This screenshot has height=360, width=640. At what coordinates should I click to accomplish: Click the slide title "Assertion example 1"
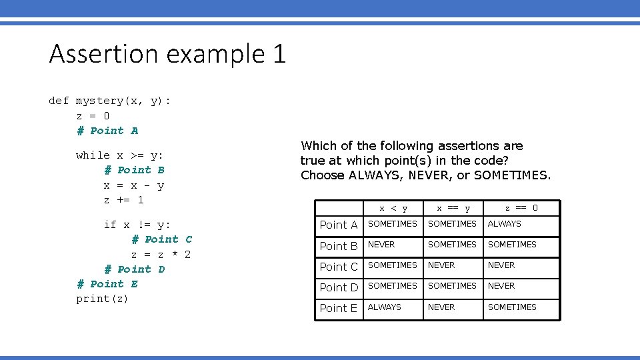(x=167, y=53)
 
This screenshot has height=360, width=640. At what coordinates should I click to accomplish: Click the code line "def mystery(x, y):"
(x=110, y=101)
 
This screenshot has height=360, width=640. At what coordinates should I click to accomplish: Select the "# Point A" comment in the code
(x=107, y=131)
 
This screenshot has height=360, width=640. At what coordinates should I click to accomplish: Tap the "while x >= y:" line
(x=120, y=155)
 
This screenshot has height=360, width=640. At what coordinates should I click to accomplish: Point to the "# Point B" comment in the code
(x=134, y=170)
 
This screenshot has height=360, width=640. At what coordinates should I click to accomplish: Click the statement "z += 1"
(x=123, y=200)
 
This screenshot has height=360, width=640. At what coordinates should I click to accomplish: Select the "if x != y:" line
(x=137, y=225)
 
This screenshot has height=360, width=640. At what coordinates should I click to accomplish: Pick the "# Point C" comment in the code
(x=161, y=239)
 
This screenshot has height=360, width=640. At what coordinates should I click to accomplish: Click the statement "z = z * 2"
(x=161, y=255)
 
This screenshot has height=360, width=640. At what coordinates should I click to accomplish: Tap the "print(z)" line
(x=102, y=299)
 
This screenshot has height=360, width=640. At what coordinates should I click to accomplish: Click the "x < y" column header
(x=393, y=209)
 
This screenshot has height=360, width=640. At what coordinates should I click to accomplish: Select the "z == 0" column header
(x=521, y=208)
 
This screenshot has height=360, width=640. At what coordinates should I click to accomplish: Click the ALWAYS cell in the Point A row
(x=505, y=224)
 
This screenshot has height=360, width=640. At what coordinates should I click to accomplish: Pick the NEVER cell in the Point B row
(x=381, y=245)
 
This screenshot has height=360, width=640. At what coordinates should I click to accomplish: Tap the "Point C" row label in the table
(x=339, y=267)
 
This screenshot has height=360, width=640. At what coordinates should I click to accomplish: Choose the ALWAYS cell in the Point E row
(x=385, y=307)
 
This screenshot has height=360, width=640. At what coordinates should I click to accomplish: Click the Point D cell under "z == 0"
(x=501, y=286)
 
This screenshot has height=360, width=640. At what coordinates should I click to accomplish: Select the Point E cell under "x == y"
(x=441, y=307)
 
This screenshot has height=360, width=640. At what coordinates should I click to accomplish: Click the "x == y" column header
(x=453, y=209)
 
